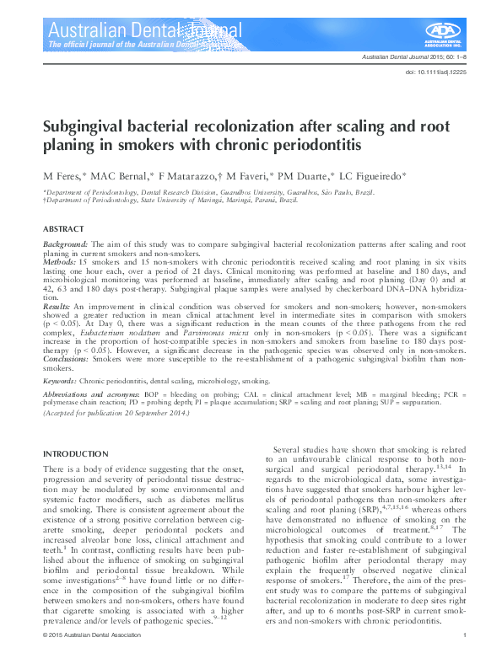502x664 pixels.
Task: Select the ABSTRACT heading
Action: pos(63,229)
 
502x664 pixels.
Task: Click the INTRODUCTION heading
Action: pos(75,454)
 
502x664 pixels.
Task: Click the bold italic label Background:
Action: pos(66,243)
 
